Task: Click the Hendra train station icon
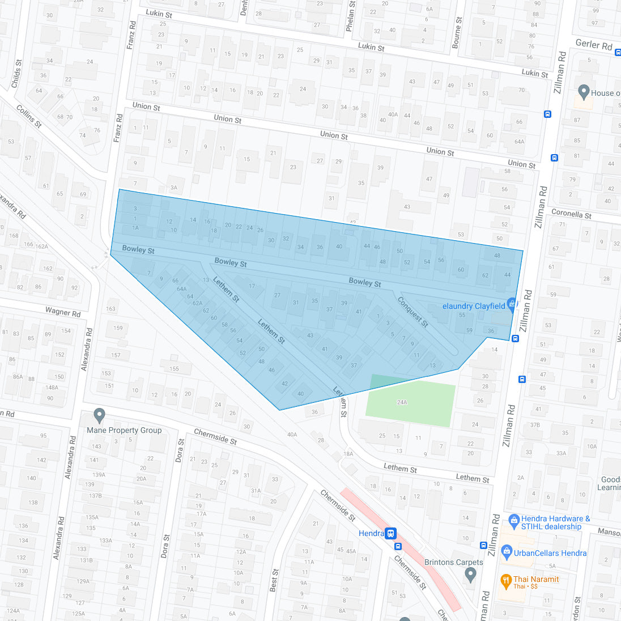pos(391,533)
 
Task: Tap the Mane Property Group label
pos(124,430)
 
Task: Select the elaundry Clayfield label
pos(474,306)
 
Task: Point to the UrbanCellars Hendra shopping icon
pos(506,552)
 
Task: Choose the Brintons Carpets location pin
pos(470,575)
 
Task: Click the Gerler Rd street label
pos(594,44)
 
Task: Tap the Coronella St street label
pos(571,214)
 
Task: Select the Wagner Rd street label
pos(63,312)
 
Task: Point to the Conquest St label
pos(412,312)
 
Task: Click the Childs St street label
pos(16,74)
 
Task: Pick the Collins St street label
pos(29,116)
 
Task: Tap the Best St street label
pos(274,581)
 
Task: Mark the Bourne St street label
pos(457,32)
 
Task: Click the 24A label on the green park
pos(402,402)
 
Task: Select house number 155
pos(174,369)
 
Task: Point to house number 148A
pos(52,388)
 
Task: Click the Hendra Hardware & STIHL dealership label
pos(555,522)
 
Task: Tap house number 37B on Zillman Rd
pos(535,424)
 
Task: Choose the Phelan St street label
pos(351,16)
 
